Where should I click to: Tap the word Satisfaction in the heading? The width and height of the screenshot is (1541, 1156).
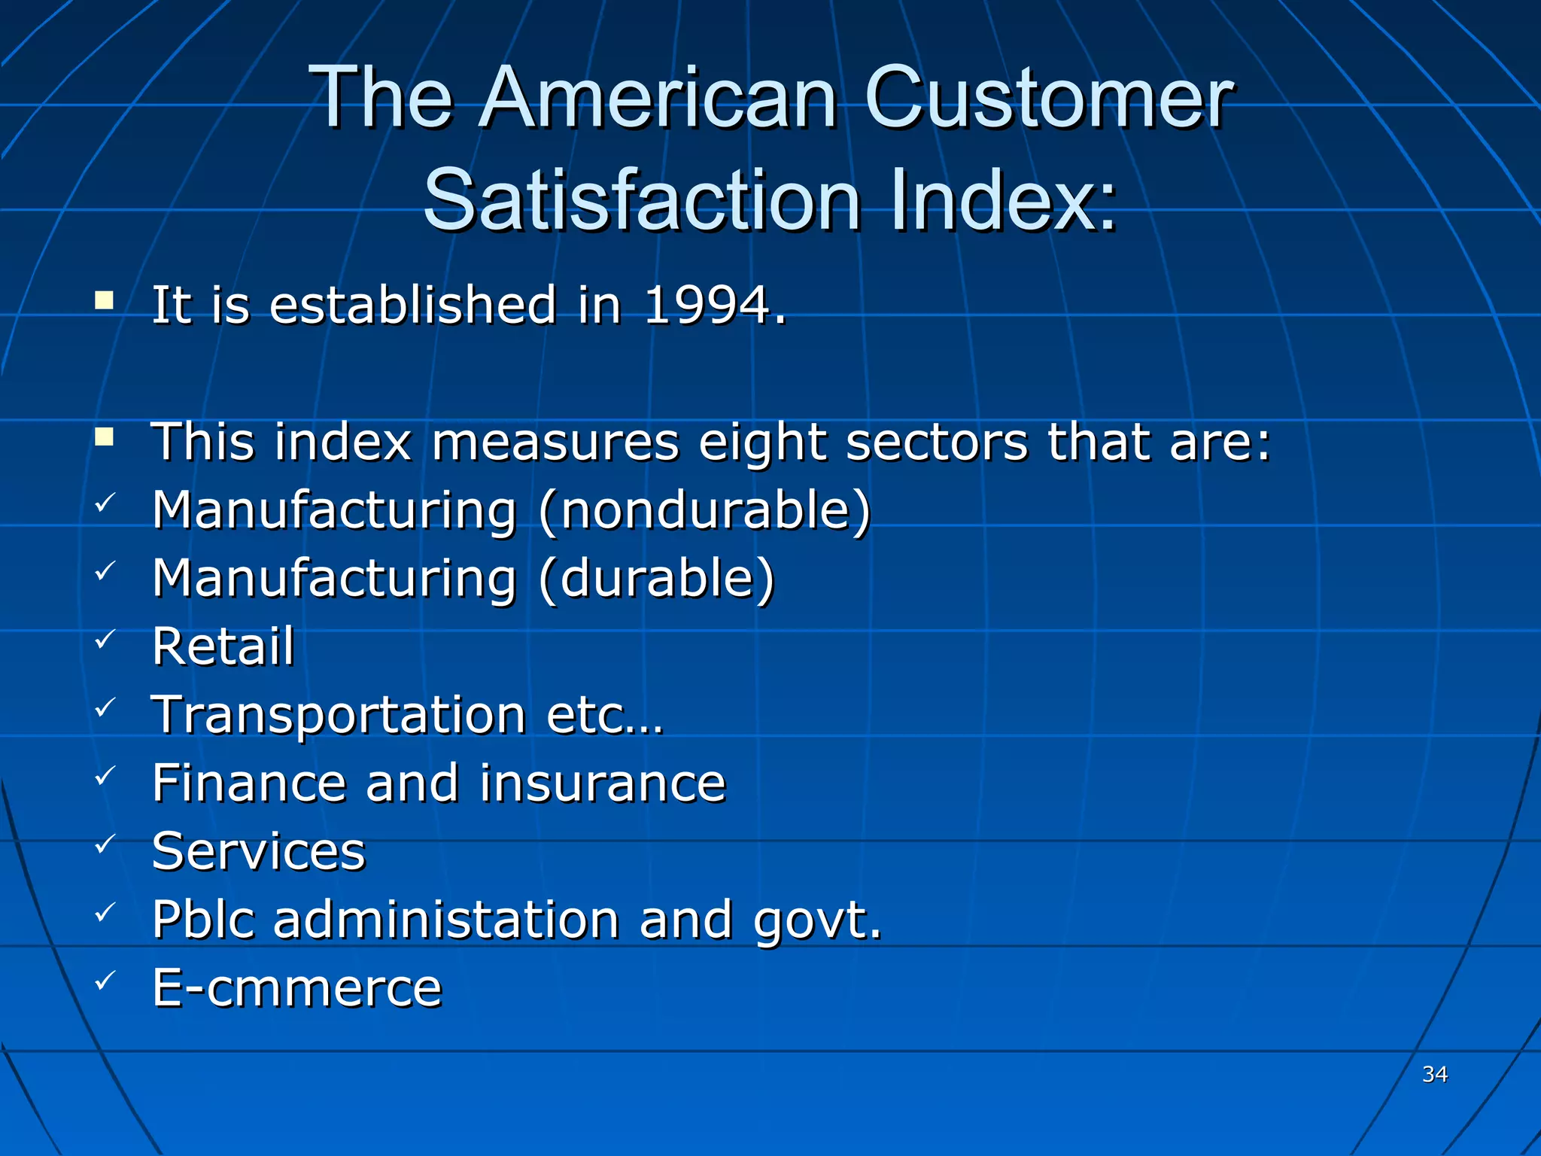(642, 200)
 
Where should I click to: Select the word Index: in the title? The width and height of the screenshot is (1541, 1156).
(1004, 200)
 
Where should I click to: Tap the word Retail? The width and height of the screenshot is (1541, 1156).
(223, 646)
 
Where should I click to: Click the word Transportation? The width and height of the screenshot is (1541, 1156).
(339, 715)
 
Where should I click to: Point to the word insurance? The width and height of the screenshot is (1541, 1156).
(603, 783)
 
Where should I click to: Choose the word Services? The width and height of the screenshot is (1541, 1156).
(258, 851)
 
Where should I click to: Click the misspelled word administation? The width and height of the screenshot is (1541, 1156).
(446, 920)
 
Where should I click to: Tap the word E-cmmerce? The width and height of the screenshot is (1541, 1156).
(297, 988)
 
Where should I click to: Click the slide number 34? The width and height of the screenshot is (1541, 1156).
(1435, 1074)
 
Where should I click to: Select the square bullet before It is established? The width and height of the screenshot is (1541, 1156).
(105, 301)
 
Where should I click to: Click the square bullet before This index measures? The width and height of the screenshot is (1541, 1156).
(105, 437)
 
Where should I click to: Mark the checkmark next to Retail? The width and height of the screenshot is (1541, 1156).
(105, 640)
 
